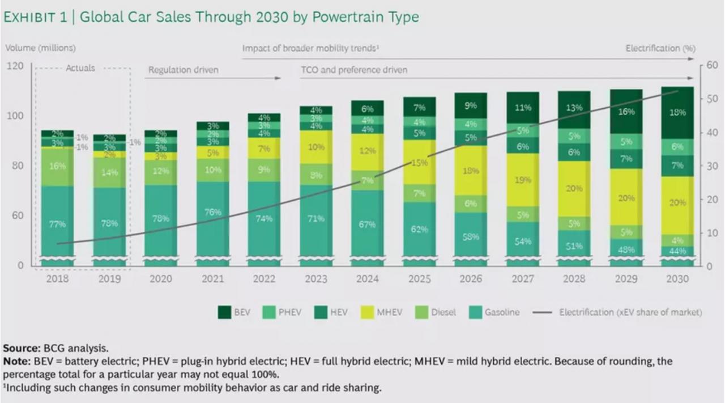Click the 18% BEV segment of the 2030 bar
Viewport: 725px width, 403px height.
tap(677, 113)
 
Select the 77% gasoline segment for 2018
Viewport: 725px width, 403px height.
tap(57, 224)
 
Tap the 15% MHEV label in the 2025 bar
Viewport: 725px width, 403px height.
tap(420, 163)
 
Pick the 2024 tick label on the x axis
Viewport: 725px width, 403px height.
tap(367, 279)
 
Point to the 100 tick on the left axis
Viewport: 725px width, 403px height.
tap(15, 116)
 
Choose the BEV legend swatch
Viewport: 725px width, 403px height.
tap(224, 312)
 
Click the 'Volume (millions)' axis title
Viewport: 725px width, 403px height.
tap(41, 48)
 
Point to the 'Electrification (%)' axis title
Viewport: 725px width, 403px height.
tap(660, 49)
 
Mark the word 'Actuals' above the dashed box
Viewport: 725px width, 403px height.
tap(80, 68)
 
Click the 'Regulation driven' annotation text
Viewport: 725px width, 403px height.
tap(183, 70)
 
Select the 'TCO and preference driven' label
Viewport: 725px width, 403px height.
tap(353, 70)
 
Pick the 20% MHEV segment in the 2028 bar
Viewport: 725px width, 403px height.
tap(574, 188)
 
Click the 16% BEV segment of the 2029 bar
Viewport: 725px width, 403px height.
tap(626, 112)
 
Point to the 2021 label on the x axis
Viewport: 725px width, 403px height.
tap(212, 279)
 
